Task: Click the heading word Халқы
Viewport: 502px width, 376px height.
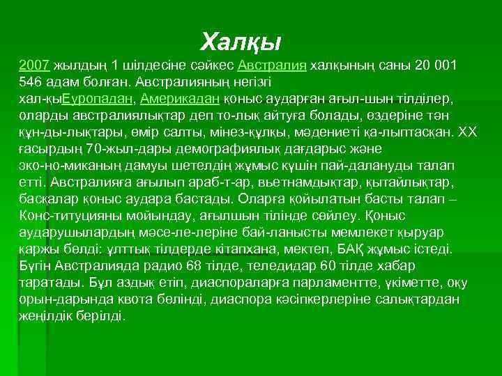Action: (x=241, y=42)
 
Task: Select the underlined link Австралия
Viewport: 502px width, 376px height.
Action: (x=273, y=65)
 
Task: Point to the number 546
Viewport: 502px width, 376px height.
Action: (x=31, y=81)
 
